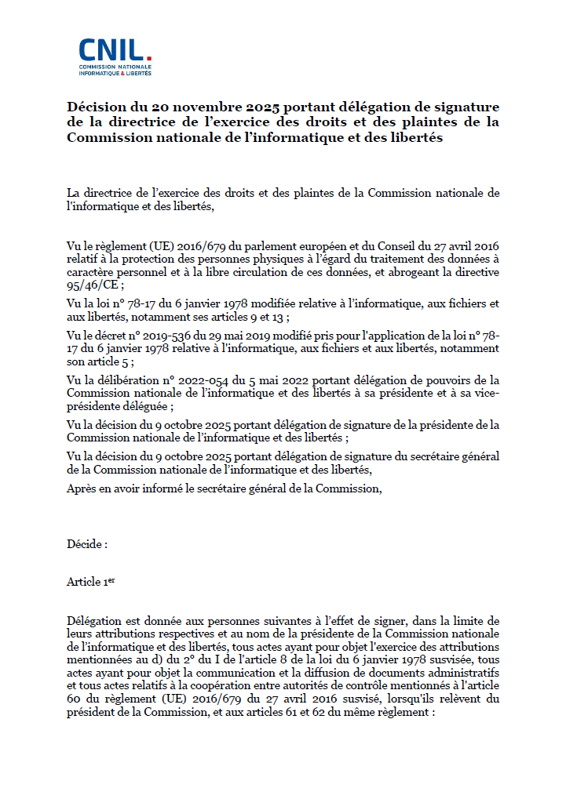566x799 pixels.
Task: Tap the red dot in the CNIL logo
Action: point(148,58)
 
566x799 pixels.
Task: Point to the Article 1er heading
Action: point(91,582)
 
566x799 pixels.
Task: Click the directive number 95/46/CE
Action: point(90,285)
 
